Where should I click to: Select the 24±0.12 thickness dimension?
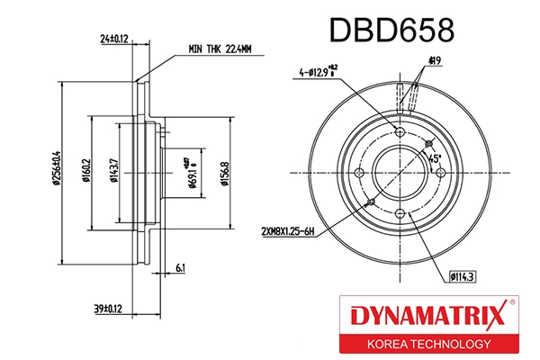[115, 39]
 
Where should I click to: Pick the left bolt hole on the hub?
[359, 173]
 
